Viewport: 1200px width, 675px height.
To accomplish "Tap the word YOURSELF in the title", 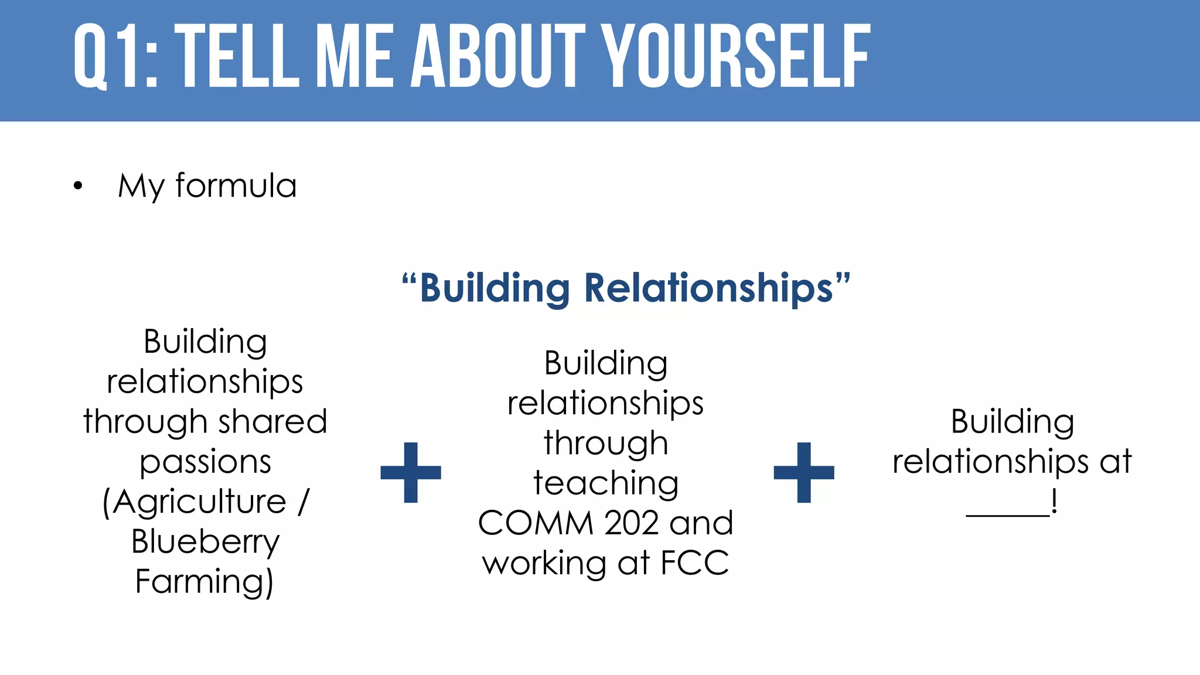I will point(737,57).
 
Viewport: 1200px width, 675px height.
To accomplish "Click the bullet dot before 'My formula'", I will point(78,187).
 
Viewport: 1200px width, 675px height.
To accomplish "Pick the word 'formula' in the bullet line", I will point(236,186).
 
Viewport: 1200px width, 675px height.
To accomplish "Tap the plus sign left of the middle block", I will point(411,472).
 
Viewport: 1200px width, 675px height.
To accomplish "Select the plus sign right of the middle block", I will point(804,472).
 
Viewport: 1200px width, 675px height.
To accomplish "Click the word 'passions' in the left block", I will point(206,462).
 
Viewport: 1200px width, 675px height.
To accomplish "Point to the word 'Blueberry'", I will point(206,541).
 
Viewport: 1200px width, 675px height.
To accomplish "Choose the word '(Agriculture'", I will point(194,502).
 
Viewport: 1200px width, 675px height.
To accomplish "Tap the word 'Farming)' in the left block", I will point(204,581).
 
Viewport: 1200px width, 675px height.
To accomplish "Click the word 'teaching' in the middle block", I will point(606,483).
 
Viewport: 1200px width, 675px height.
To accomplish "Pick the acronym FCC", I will point(695,562).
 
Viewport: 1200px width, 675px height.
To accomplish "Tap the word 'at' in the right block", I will point(1116,462).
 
